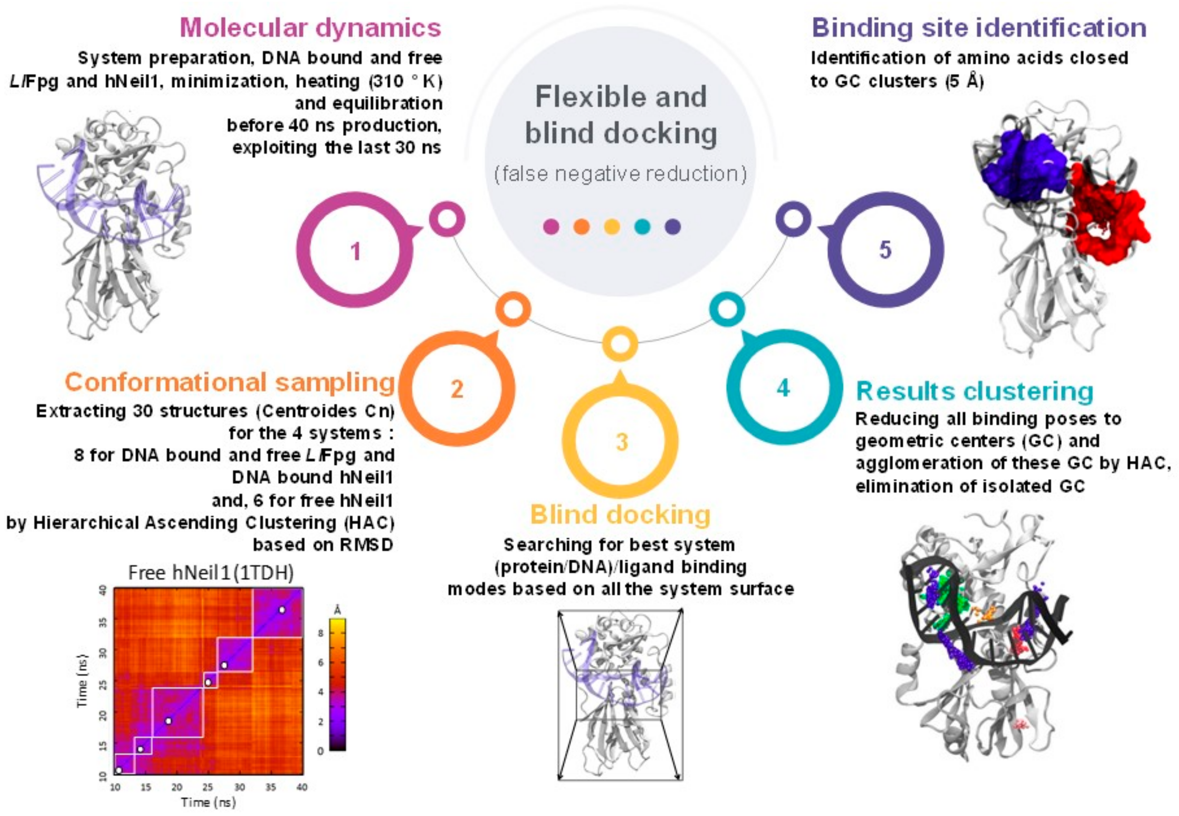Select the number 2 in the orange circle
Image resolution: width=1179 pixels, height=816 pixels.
click(x=457, y=389)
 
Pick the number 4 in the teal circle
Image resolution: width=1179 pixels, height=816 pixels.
click(x=783, y=388)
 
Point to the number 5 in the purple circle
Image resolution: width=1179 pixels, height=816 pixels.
click(x=885, y=250)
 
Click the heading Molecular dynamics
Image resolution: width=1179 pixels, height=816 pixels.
click(x=310, y=28)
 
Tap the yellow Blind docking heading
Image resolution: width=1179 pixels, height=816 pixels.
click(x=620, y=514)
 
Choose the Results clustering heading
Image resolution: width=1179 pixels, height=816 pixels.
click(x=975, y=391)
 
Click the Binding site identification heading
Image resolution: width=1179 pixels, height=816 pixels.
click(x=979, y=28)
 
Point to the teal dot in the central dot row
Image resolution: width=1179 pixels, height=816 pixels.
click(x=642, y=227)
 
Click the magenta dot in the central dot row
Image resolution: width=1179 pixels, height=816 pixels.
click(x=550, y=227)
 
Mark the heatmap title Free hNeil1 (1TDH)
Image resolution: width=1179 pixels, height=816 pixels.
click(x=211, y=573)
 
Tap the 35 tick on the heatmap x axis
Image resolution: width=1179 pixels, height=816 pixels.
click(x=270, y=787)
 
